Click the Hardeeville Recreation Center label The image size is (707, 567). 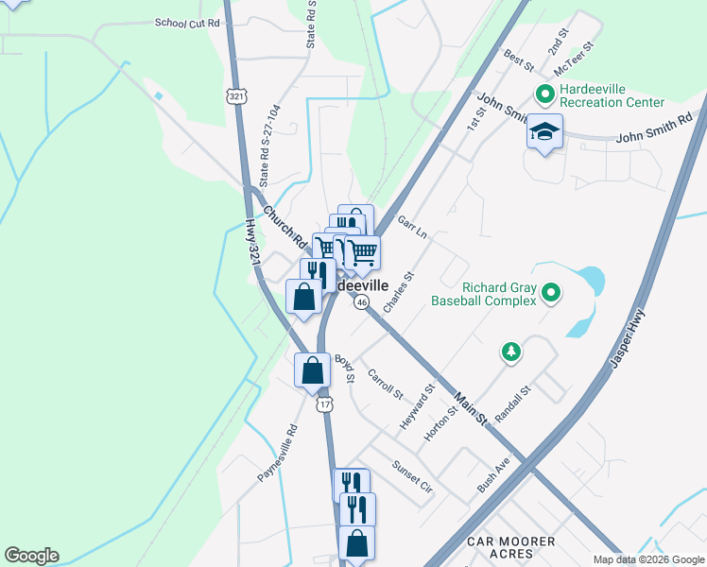(x=612, y=95)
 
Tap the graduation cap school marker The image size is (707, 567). (x=544, y=133)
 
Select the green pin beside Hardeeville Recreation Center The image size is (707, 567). (x=544, y=94)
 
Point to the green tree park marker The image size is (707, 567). (x=510, y=352)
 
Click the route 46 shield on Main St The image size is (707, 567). (x=362, y=302)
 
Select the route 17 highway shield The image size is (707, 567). (x=324, y=404)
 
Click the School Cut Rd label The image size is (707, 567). (x=187, y=22)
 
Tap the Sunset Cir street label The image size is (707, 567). (x=412, y=478)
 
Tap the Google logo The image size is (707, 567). (x=31, y=556)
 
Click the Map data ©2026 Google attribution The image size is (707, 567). (x=648, y=559)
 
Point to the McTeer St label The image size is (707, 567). (x=574, y=59)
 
